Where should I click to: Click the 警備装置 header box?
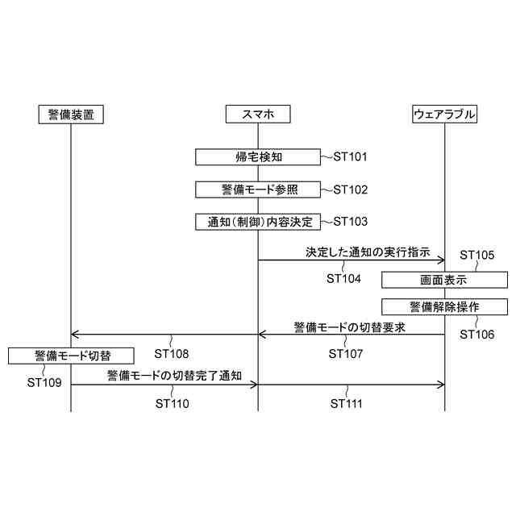(71, 114)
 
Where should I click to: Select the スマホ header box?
(258, 114)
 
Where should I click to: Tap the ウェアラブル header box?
(444, 114)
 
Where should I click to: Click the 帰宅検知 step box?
(258, 156)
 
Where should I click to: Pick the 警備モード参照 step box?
(258, 189)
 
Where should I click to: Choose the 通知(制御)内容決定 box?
(258, 221)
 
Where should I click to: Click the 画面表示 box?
(444, 280)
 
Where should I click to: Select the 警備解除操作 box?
(444, 306)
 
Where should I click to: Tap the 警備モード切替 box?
(72, 355)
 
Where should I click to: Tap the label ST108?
(172, 353)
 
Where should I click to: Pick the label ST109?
(44, 382)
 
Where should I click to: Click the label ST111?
(347, 403)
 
